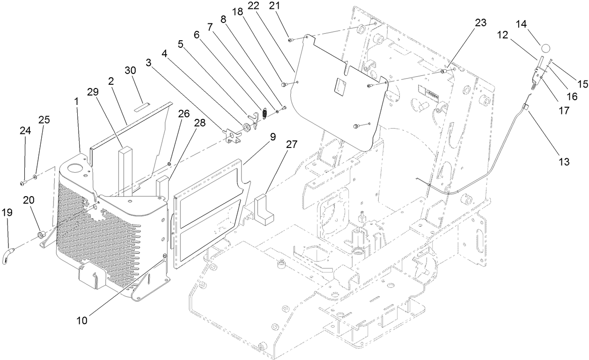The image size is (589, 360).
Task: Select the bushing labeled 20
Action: click(x=41, y=234)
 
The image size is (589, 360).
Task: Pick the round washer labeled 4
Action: click(x=245, y=127)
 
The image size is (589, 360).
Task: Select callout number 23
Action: click(x=480, y=22)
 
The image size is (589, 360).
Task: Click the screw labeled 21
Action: click(x=290, y=41)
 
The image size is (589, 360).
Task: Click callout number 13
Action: click(x=564, y=162)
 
